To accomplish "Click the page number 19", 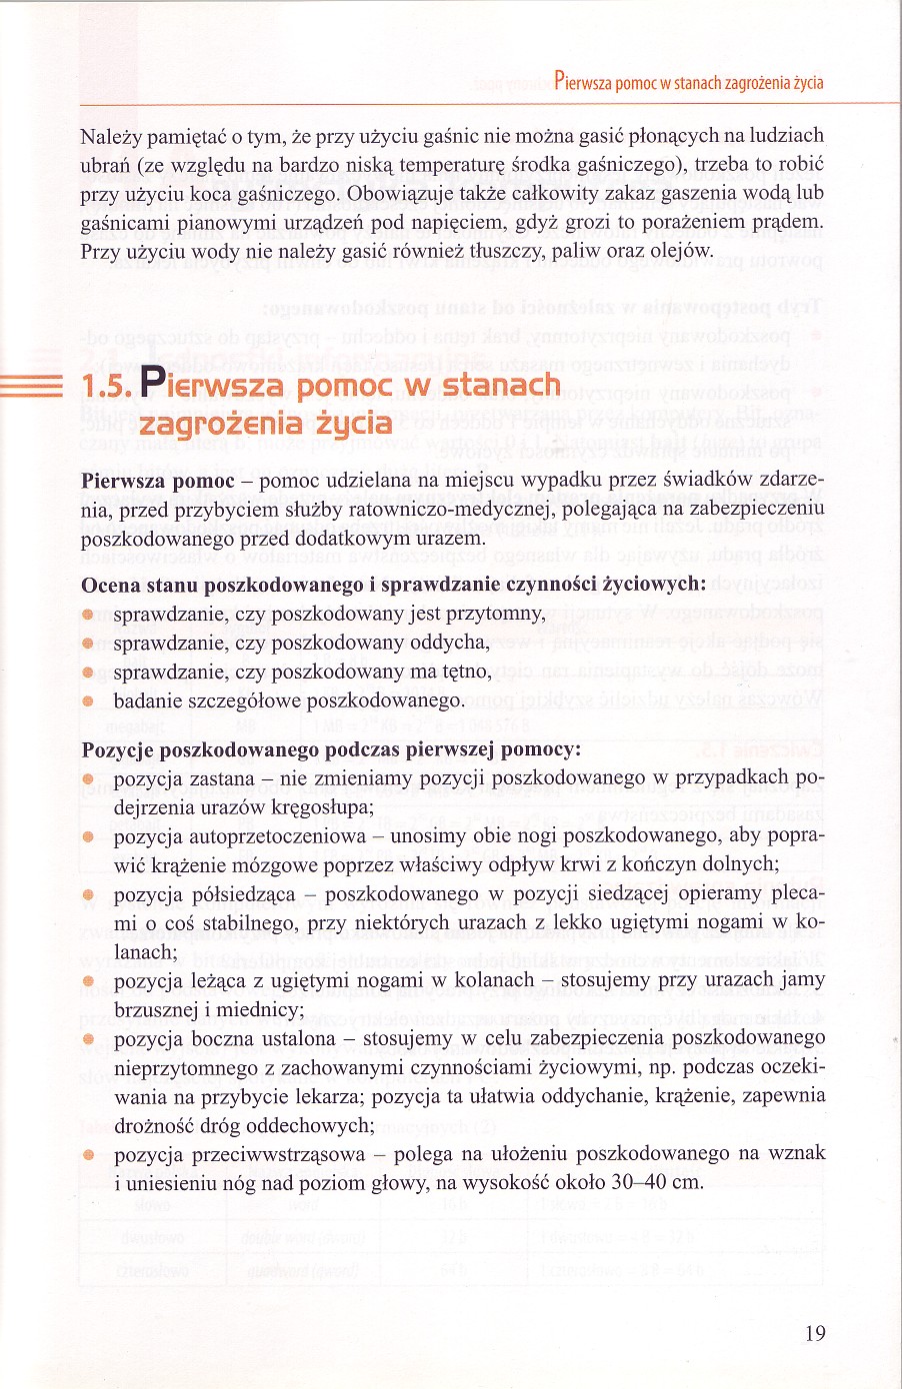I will tap(815, 1333).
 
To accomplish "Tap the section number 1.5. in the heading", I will tap(107, 386).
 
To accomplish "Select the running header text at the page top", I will tap(688, 82).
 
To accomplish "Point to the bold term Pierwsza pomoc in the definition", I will tap(157, 481).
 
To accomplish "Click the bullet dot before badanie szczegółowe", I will tap(88, 700).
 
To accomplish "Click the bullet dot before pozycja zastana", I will tap(88, 777).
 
